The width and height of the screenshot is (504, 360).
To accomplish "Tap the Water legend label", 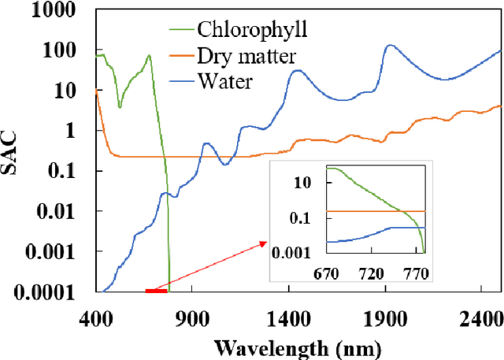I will pyautogui.click(x=225, y=80).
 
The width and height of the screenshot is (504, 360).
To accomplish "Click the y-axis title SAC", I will pyautogui.click(x=13, y=151).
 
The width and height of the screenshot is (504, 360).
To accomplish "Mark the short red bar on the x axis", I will pyautogui.click(x=156, y=291).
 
